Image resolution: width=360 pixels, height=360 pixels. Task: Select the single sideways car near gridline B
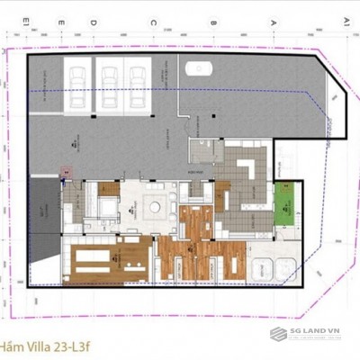197,68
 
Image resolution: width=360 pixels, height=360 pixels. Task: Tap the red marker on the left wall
64,170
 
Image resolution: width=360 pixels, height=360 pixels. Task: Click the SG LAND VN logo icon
279,335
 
